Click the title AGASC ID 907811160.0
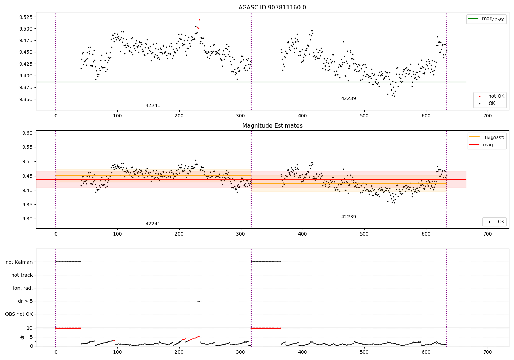point(272,8)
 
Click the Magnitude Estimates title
point(272,126)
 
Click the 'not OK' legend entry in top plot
point(496,96)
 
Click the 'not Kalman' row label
point(19,262)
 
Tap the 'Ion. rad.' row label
point(23,288)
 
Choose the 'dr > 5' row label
point(25,301)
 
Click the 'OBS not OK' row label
point(19,314)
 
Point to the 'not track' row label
point(22,275)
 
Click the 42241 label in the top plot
point(153,106)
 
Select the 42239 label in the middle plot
point(348,217)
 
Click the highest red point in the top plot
point(199,20)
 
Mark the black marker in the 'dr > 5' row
point(199,301)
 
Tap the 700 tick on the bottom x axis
point(487,352)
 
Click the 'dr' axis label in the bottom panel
point(22,337)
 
